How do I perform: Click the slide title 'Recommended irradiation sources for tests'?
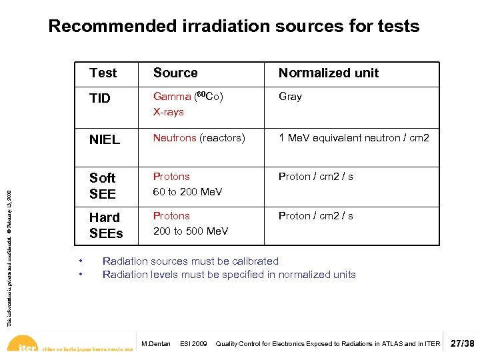click(x=233, y=26)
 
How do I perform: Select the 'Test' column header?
click(x=103, y=73)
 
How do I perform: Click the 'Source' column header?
click(x=175, y=73)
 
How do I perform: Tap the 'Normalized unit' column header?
click(x=328, y=73)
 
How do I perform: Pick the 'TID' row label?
click(x=100, y=99)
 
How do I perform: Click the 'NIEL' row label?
click(x=105, y=139)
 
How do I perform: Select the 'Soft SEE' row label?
click(x=103, y=186)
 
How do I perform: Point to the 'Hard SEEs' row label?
click(x=106, y=225)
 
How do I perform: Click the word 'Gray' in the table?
click(x=290, y=97)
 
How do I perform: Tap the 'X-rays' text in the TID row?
click(x=168, y=112)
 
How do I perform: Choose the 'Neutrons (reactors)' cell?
click(x=199, y=138)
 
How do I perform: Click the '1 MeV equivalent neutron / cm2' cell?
click(x=353, y=138)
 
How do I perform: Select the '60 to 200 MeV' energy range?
click(x=187, y=192)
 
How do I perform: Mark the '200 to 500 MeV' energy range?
click(x=190, y=231)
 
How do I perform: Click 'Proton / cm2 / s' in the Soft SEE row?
click(x=315, y=177)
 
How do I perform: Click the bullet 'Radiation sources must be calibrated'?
click(x=190, y=261)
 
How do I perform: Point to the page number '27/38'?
click(x=463, y=344)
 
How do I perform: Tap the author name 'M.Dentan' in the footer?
click(x=157, y=344)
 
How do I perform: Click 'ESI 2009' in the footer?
click(x=193, y=344)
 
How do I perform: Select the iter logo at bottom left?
click(x=25, y=347)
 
